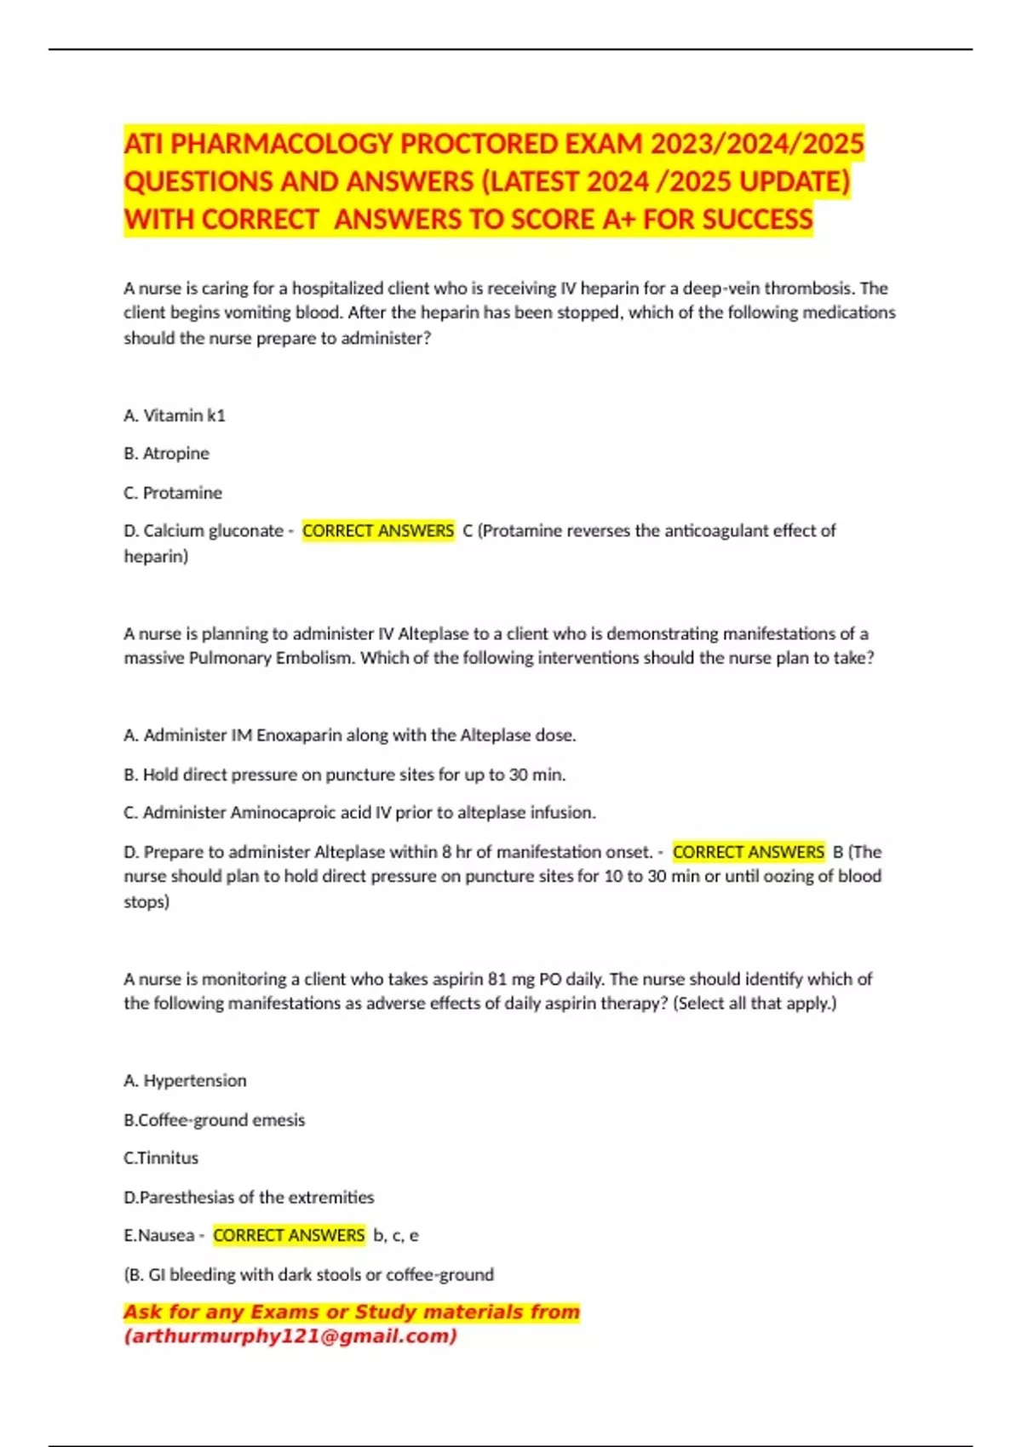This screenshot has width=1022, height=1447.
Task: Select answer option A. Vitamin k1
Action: pyautogui.click(x=175, y=415)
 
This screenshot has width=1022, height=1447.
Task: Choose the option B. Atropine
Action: pyautogui.click(x=166, y=454)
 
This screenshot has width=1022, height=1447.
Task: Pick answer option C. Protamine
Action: pyautogui.click(x=173, y=493)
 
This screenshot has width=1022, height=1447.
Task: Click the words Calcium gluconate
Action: pyautogui.click(x=213, y=531)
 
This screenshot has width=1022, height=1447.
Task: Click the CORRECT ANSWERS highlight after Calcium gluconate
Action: pyautogui.click(x=378, y=531)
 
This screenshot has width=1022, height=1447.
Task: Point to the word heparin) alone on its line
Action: pyautogui.click(x=156, y=557)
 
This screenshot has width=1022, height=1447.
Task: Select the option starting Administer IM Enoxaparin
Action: pyautogui.click(x=350, y=735)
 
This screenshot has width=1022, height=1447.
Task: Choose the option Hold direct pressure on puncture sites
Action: pyautogui.click(x=345, y=775)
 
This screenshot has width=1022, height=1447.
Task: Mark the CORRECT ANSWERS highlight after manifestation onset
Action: pyautogui.click(x=749, y=852)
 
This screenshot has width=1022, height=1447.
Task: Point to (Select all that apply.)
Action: pyautogui.click(x=755, y=1004)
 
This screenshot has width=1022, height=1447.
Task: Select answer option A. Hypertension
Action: pyautogui.click(x=185, y=1081)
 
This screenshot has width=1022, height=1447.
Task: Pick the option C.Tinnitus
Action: pyautogui.click(x=161, y=1158)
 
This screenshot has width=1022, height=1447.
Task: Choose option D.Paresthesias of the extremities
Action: pyautogui.click(x=249, y=1198)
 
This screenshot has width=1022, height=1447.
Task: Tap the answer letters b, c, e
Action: pyautogui.click(x=396, y=1236)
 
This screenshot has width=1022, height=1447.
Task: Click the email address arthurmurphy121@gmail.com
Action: pyautogui.click(x=290, y=1336)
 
